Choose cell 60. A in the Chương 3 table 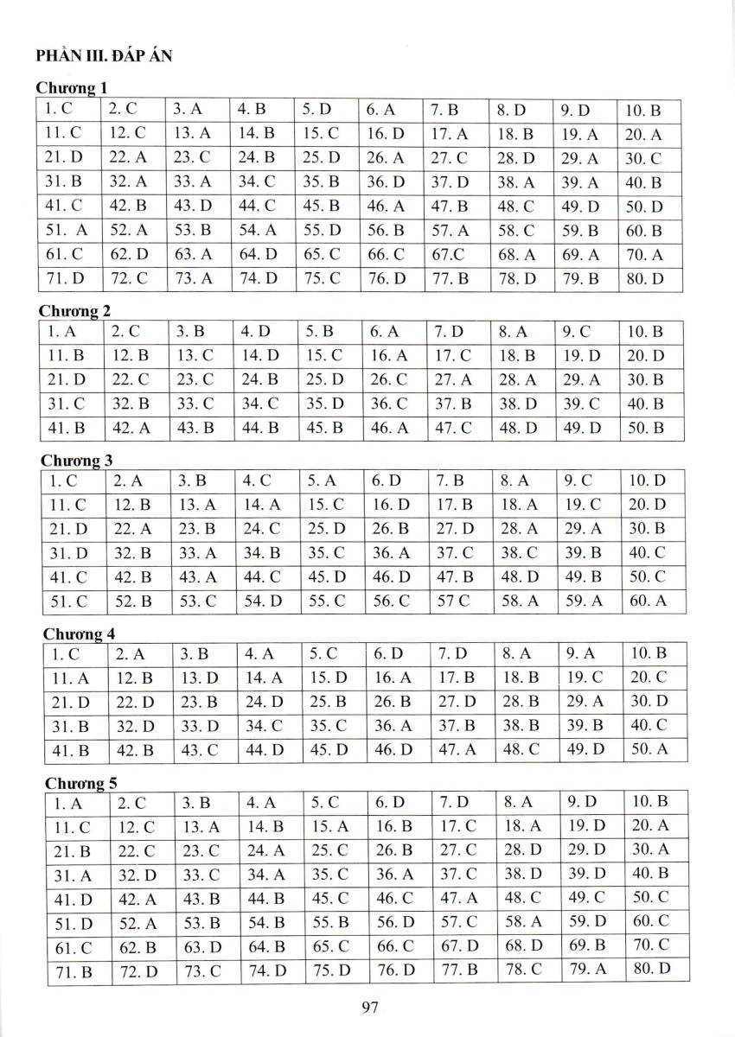pos(649,601)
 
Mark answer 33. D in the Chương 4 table pos(201,727)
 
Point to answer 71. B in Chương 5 pos(73,971)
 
